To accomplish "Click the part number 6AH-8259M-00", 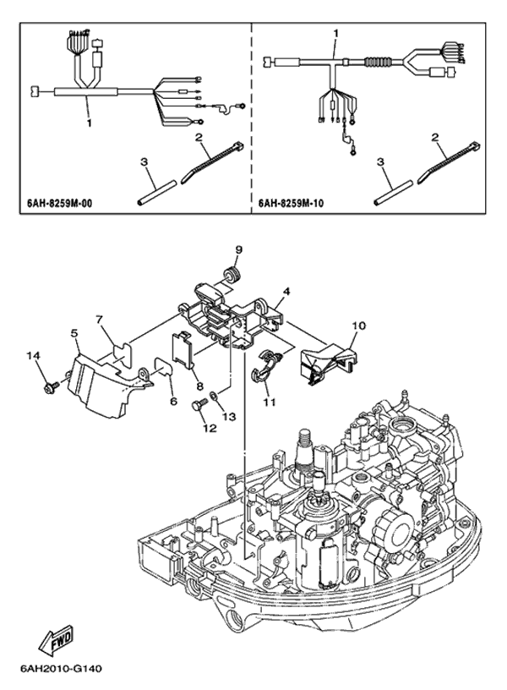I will (58, 204).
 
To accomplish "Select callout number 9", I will (238, 249).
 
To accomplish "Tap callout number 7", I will (99, 320).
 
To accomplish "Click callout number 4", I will (287, 290).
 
